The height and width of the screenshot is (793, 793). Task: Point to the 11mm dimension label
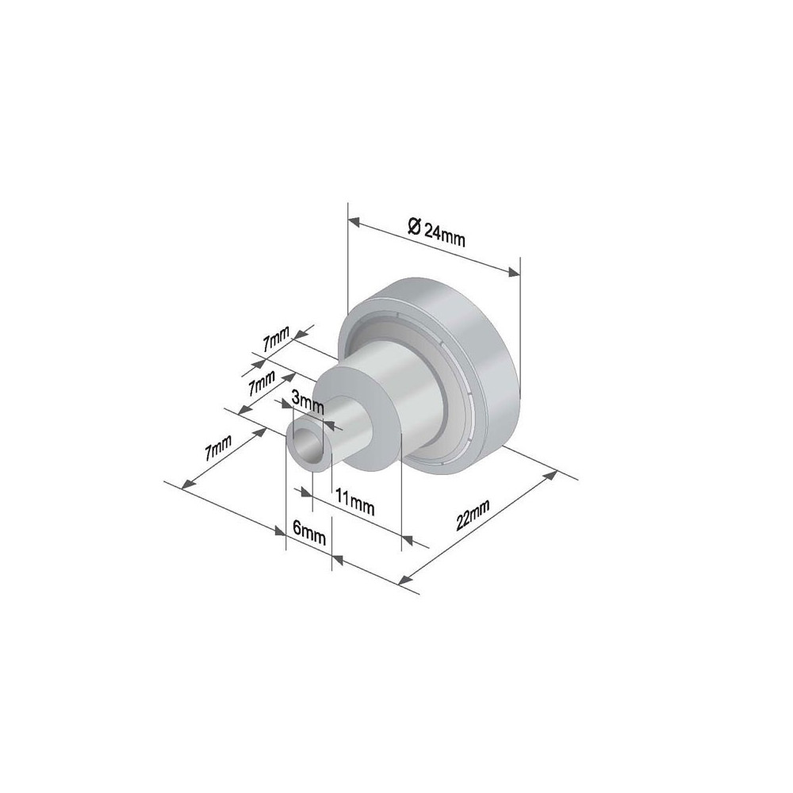point(354,501)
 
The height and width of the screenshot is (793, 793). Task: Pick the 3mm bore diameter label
point(308,402)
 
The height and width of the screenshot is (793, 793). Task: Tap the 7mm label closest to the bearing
point(277,342)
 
